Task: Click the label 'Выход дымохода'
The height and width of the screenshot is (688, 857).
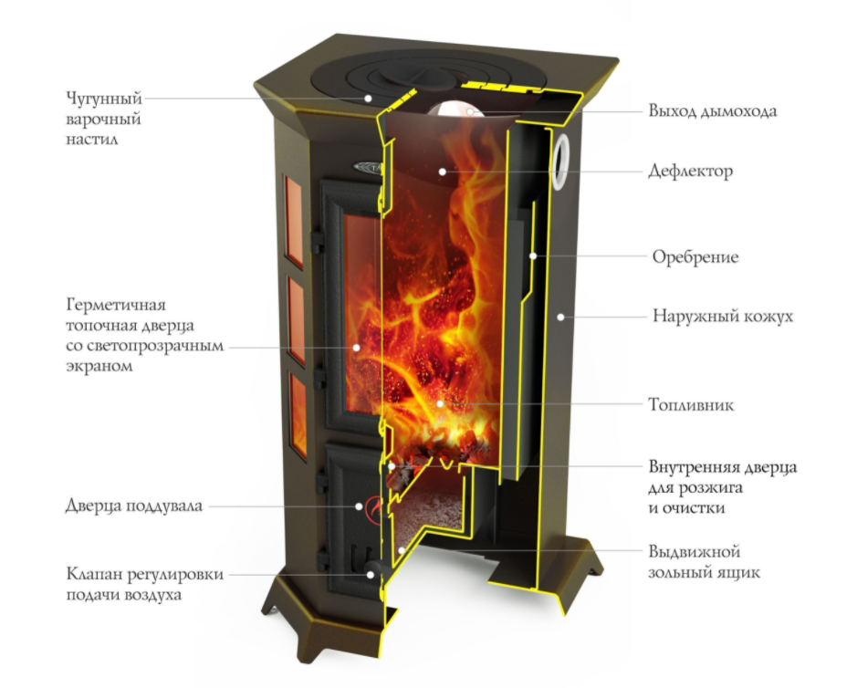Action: [712, 111]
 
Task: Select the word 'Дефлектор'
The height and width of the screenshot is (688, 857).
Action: [690, 171]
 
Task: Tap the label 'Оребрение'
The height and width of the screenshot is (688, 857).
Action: [695, 256]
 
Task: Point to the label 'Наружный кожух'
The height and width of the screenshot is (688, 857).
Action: [723, 316]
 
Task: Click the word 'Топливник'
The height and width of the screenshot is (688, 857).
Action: [692, 404]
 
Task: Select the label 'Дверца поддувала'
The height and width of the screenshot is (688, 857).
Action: [134, 506]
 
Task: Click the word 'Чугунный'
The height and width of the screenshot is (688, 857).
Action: [104, 99]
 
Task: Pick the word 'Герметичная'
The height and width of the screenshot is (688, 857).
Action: [116, 305]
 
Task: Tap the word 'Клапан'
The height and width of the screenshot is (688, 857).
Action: [94, 574]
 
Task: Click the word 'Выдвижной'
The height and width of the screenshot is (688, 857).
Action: [695, 551]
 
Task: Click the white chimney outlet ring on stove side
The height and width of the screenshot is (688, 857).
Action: [560, 162]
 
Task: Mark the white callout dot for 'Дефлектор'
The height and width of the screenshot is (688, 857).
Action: [443, 172]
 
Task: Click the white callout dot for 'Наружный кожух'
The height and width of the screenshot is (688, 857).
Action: [560, 317]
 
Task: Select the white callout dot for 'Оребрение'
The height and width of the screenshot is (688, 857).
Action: [533, 255]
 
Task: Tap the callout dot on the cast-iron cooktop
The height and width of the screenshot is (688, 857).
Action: [369, 99]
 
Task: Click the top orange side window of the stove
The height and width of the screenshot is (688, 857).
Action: [294, 222]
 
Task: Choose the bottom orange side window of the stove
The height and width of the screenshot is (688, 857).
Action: [298, 415]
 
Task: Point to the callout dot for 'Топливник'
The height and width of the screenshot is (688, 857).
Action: [440, 404]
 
